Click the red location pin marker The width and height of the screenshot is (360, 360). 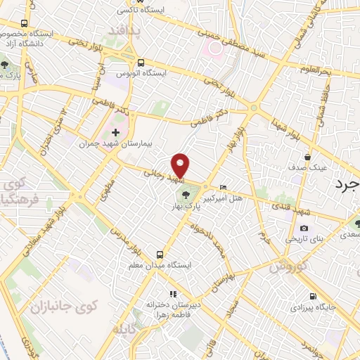[x=181, y=165]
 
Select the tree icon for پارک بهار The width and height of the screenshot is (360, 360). [x=186, y=195]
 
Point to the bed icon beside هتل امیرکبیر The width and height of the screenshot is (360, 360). [x=224, y=187]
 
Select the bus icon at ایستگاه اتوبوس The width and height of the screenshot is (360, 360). [x=140, y=62]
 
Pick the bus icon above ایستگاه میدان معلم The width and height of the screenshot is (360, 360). [x=160, y=254]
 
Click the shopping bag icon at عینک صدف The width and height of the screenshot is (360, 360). [x=306, y=157]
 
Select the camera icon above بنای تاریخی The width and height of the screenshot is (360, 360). [x=304, y=228]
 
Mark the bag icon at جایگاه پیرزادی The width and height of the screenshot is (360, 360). [x=314, y=296]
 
